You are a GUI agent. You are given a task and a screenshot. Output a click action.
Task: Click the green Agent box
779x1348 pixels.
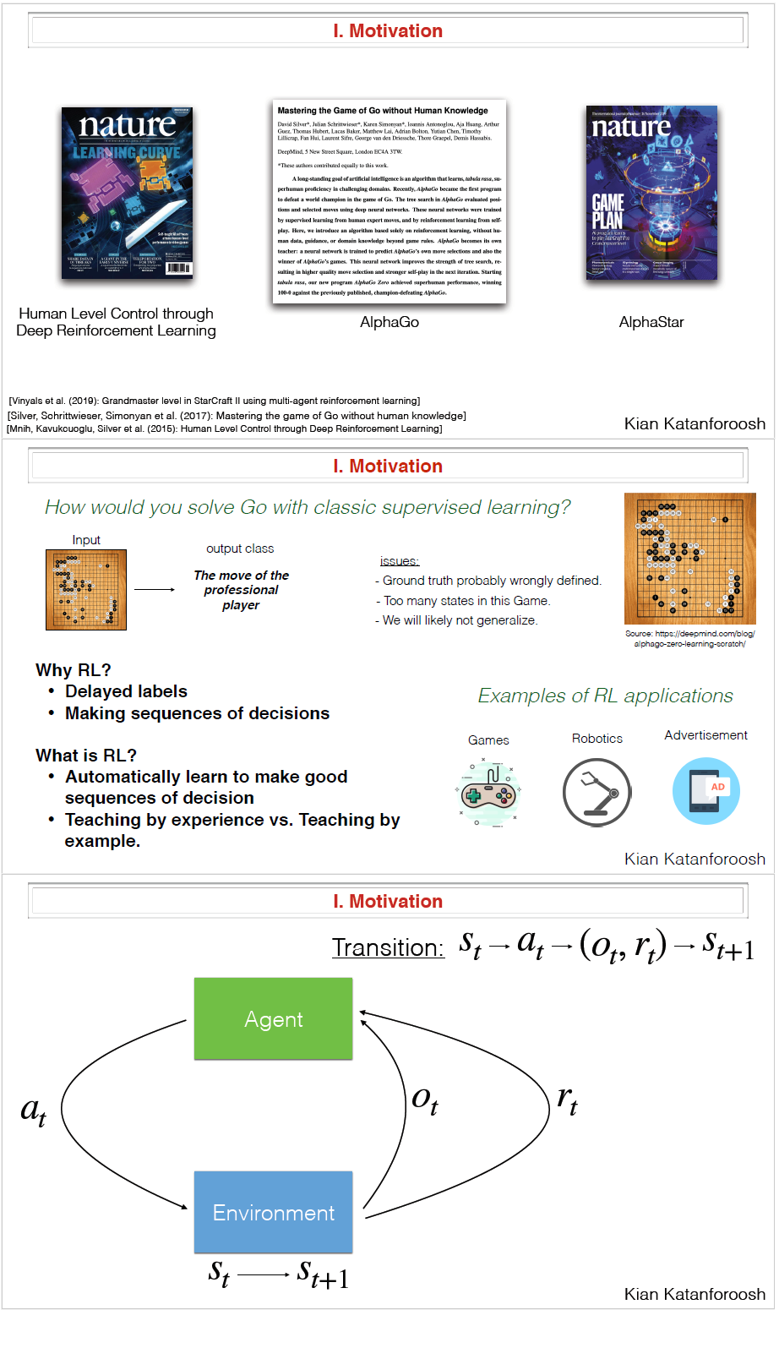click(273, 1018)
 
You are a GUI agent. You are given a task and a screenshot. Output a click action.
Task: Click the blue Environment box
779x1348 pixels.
click(273, 1212)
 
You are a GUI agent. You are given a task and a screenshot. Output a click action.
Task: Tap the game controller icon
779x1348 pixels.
click(488, 794)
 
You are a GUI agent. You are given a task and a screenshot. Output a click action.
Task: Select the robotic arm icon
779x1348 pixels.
click(597, 793)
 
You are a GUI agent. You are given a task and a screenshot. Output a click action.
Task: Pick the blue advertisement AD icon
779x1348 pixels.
click(706, 791)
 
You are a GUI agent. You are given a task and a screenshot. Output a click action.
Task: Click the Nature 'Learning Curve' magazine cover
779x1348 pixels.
click(127, 193)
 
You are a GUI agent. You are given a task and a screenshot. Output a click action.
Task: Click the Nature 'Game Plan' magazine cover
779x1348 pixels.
click(651, 193)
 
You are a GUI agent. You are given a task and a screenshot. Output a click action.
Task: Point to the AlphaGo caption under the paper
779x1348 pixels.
click(389, 322)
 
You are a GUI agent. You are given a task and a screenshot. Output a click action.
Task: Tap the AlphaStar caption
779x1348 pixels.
click(651, 322)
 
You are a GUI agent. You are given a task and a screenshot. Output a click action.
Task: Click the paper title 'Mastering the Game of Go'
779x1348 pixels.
click(383, 111)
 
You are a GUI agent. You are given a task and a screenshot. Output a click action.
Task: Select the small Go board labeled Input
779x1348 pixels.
click(86, 590)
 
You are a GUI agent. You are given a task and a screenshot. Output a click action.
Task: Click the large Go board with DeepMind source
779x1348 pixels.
click(689, 559)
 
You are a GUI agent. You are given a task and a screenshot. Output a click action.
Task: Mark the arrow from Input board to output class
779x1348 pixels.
click(155, 589)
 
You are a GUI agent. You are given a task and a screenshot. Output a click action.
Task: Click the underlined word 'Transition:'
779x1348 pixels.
click(388, 947)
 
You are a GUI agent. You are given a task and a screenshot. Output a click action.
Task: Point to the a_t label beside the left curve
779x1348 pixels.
click(34, 1111)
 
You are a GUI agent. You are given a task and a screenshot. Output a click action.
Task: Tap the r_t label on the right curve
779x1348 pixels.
click(568, 1100)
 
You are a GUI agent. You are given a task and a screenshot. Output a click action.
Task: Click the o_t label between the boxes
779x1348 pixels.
click(425, 1100)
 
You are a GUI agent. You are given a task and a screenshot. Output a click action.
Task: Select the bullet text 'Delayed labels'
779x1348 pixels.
click(126, 691)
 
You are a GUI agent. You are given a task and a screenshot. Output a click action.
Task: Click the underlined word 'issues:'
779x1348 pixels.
click(400, 561)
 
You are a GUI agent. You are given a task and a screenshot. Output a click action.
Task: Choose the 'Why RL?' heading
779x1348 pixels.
click(74, 670)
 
